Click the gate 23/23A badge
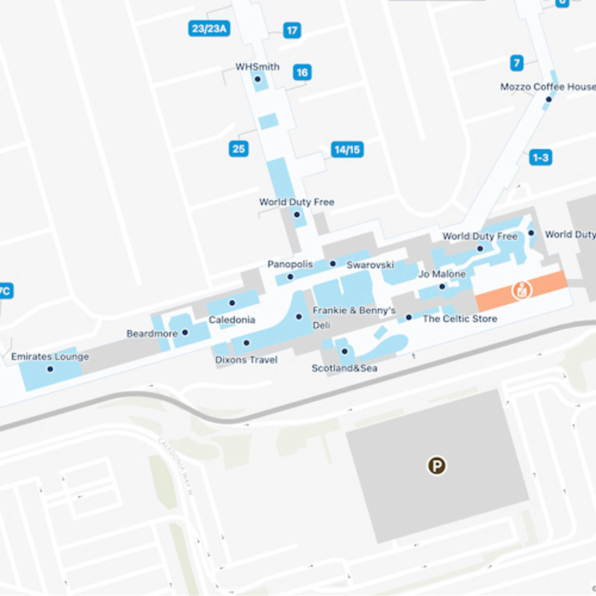[x=209, y=29]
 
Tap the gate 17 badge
[x=292, y=30]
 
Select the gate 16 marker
[x=302, y=72]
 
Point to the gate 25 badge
[x=238, y=149]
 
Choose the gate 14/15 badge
[x=347, y=150]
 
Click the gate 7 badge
[x=517, y=63]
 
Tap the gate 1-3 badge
[x=540, y=157]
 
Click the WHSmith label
[x=257, y=67]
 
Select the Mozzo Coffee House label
[x=548, y=87]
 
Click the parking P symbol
[x=437, y=466]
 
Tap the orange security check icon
[x=521, y=290]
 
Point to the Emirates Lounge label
[x=50, y=356]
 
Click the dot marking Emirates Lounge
[x=50, y=369]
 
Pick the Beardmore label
[x=152, y=334]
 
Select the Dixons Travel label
[x=246, y=360]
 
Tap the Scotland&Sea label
[x=344, y=368]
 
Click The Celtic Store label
[x=460, y=318]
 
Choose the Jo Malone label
[x=442, y=274]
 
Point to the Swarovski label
[x=370, y=265]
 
